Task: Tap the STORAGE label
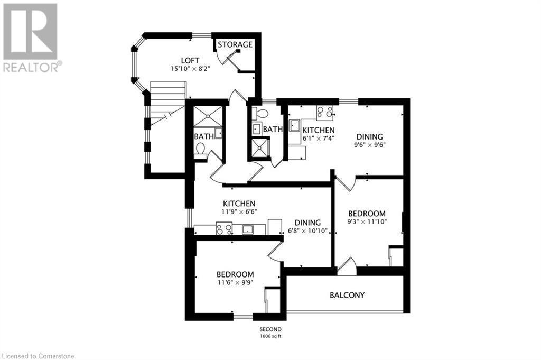235,44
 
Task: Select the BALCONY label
347,295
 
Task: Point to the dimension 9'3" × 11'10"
367,221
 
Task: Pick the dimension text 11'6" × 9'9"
235,283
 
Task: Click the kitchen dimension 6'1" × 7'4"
318,138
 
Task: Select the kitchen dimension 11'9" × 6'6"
239,211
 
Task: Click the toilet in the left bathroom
201,151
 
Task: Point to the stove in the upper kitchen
324,112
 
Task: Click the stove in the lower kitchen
224,229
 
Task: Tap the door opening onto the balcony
347,266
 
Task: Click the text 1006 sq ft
270,336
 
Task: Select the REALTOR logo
31,37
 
